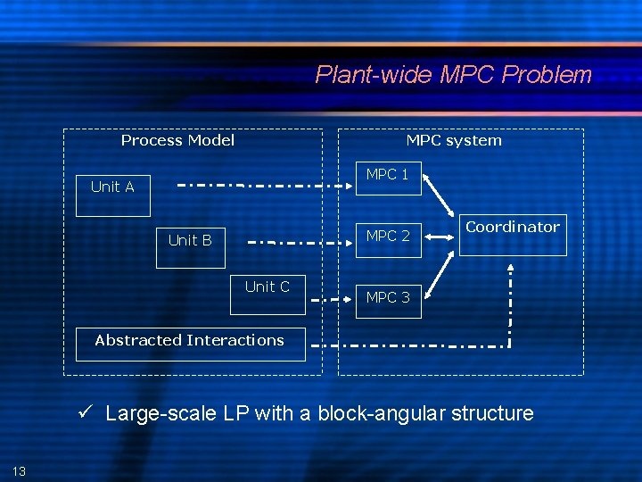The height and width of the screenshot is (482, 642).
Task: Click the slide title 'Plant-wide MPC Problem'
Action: pos(453,74)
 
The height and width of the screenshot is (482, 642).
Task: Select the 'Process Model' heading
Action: pos(177,140)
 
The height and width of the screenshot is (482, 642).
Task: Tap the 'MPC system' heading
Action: pos(454,140)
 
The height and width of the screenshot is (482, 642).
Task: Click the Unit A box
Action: pos(112,187)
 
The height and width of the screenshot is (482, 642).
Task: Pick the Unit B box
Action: pos(190,241)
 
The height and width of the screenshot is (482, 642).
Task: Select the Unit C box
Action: pos(267,295)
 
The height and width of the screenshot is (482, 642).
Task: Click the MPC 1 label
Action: pos(388,175)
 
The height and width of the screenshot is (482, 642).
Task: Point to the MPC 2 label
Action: pos(388,236)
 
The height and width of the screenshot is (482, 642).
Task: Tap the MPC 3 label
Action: pos(388,297)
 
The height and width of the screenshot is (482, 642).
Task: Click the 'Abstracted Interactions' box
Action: pos(190,342)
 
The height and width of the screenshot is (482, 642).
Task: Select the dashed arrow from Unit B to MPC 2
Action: pos(299,241)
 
